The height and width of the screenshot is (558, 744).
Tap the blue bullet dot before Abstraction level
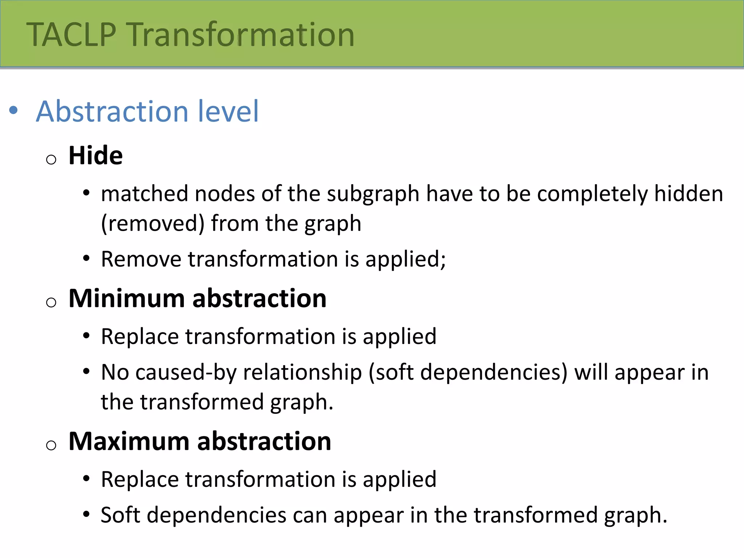pos(13,110)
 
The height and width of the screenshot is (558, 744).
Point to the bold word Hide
pos(96,155)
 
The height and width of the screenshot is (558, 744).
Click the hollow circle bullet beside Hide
pos(51,159)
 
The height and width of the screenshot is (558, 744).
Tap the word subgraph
pos(373,194)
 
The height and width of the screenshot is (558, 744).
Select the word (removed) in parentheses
pos(153,223)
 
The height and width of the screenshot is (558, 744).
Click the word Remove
pos(141,259)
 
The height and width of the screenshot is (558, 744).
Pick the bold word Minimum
pos(127,298)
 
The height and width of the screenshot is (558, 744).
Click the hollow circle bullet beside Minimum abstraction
pos(51,302)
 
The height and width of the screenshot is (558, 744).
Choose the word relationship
pos(302,372)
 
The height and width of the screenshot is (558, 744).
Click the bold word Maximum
pos(129,441)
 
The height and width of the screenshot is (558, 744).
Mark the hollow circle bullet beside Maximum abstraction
pos(51,445)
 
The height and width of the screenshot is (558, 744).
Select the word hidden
pos(688,194)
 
